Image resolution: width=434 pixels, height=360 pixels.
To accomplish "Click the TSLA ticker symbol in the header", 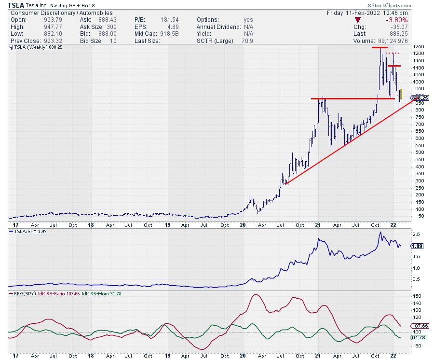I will [x=16, y=4].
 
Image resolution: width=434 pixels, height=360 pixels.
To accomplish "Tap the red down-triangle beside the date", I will [x=358, y=20].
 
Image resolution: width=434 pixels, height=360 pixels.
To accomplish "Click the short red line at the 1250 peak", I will [x=379, y=48].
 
